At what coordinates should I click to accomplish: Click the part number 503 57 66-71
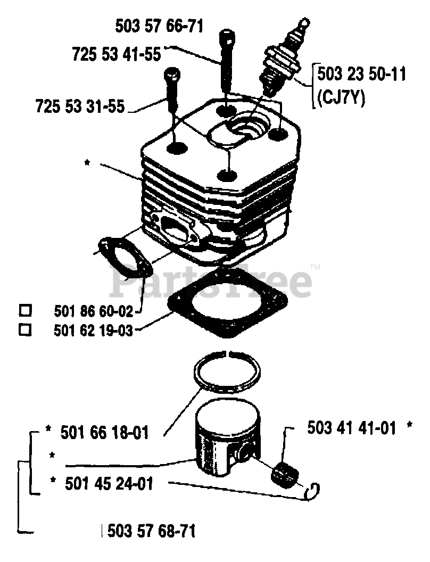tap(159, 26)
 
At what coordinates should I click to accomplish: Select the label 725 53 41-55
tap(117, 54)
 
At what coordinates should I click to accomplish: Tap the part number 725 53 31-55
tap(80, 105)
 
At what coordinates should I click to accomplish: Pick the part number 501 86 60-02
tap(94, 310)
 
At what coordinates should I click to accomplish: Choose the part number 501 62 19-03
tap(93, 330)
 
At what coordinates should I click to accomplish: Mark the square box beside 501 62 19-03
tap(25, 330)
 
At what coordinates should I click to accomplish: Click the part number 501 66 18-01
tap(104, 432)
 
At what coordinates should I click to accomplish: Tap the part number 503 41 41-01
tap(351, 427)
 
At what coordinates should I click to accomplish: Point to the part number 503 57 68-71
tap(151, 531)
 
